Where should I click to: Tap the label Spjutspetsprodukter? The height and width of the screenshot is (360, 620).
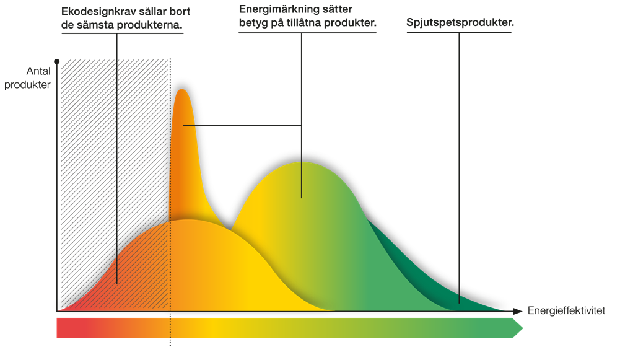click(x=461, y=24)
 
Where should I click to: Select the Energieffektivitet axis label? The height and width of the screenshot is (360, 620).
click(x=566, y=310)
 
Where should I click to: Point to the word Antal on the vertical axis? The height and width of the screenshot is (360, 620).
click(x=38, y=72)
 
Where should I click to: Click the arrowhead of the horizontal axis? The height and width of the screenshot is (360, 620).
click(x=518, y=310)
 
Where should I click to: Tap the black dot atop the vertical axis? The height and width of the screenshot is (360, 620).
click(x=56, y=61)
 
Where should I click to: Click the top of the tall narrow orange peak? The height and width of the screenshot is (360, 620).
click(x=182, y=90)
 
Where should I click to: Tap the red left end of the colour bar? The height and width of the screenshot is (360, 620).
click(x=62, y=328)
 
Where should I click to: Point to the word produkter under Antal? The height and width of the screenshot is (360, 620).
click(x=27, y=85)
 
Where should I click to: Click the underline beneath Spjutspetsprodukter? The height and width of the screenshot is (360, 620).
click(x=458, y=32)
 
